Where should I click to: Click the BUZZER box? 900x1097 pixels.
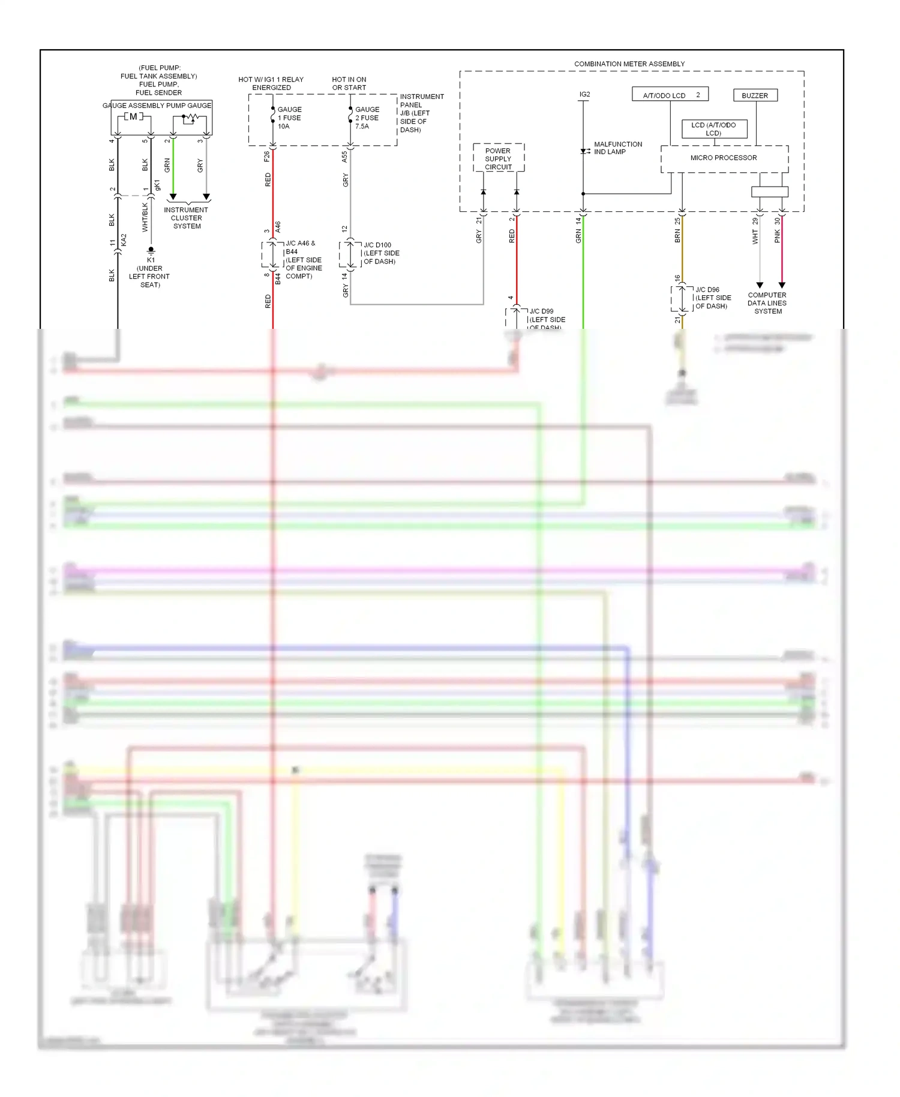coord(755,95)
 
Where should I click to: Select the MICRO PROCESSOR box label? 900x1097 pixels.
coord(723,158)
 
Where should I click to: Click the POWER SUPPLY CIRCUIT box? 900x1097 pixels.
coord(498,159)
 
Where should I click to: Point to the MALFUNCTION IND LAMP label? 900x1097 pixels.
coord(617,148)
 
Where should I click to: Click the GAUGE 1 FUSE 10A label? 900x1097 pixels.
coord(289,118)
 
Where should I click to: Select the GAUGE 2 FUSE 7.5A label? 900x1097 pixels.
coord(367,118)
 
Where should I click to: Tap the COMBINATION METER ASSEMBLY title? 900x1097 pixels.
coord(629,64)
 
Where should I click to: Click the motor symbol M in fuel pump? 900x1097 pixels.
coord(133,116)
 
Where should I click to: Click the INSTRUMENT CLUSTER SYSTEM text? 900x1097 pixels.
coord(186,218)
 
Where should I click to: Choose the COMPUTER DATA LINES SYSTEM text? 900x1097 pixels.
coord(767,303)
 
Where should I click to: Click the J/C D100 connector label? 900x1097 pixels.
coord(380,253)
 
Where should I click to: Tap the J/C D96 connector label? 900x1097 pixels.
coord(712,298)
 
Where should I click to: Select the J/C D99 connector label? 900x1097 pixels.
coord(546,319)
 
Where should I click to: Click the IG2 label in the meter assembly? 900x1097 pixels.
coord(584,94)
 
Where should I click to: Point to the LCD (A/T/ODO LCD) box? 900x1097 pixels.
coord(713,129)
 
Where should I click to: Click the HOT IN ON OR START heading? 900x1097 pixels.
coord(349,83)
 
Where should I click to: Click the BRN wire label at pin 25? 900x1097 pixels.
coord(677,236)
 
